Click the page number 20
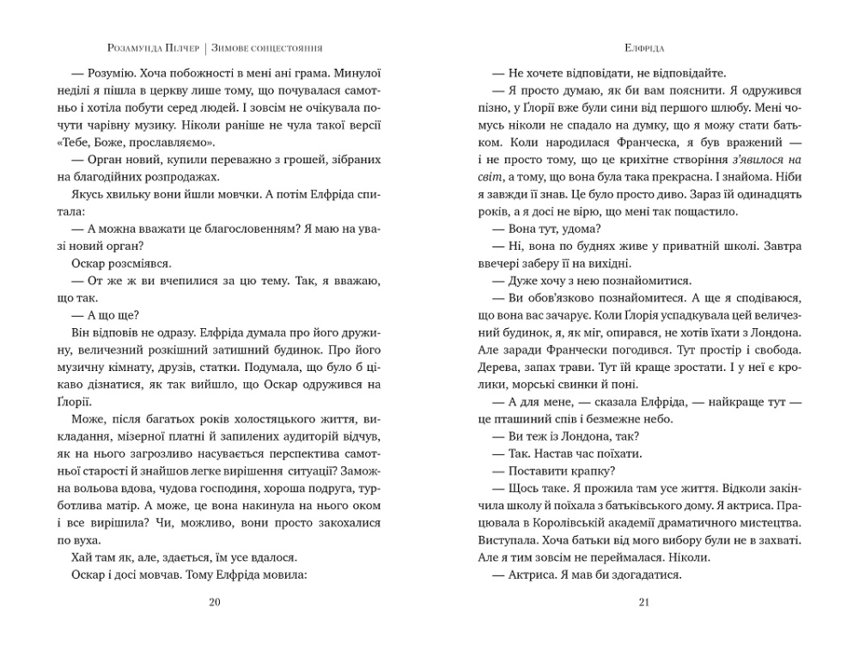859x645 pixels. click(215, 602)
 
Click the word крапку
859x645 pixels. click(588, 471)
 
